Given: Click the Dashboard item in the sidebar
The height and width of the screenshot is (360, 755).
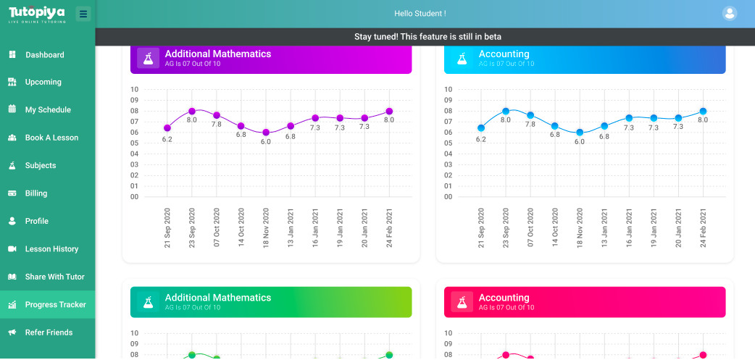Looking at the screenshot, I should [44, 55].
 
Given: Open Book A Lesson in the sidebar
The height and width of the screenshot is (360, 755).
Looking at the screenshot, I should [51, 138].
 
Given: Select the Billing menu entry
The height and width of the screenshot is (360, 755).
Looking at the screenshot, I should [36, 193].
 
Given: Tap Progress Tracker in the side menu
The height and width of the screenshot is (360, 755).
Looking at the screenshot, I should [55, 305].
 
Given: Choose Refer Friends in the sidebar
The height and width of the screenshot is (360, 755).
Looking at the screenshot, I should [49, 332].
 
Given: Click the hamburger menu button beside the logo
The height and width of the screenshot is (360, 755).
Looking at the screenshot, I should [83, 14].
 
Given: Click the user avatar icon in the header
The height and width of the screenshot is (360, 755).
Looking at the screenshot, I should [730, 13].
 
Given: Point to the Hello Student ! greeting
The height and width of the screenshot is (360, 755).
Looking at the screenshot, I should [420, 14].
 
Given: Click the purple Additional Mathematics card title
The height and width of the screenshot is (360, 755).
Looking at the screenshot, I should [217, 54].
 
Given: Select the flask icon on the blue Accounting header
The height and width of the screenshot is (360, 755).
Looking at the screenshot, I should [462, 59].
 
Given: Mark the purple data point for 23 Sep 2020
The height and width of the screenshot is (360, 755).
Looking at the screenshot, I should [192, 112].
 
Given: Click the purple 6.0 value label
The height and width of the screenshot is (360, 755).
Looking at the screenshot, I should [266, 142].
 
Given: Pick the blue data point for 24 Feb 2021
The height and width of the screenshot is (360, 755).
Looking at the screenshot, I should [703, 112].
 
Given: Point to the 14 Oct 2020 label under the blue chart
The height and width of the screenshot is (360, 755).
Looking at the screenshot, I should [555, 228].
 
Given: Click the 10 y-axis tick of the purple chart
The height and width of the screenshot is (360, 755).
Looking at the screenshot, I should [134, 90].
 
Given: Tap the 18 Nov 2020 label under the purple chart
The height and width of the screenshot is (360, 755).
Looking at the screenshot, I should [266, 228].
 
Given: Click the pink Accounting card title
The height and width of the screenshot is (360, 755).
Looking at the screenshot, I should [504, 298].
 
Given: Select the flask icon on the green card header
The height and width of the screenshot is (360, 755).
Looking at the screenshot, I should [148, 302].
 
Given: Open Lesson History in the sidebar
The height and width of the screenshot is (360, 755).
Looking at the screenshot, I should [51, 249].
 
